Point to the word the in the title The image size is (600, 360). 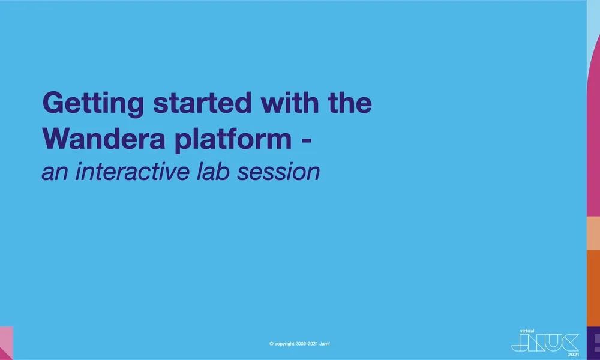(x=350, y=104)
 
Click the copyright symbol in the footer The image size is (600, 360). (x=272, y=344)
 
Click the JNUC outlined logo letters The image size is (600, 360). (x=544, y=343)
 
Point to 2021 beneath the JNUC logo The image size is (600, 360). (x=574, y=354)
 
